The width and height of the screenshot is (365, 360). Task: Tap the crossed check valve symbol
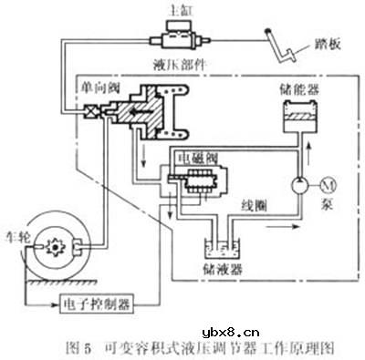point(91,116)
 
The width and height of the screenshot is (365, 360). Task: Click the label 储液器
point(222,270)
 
